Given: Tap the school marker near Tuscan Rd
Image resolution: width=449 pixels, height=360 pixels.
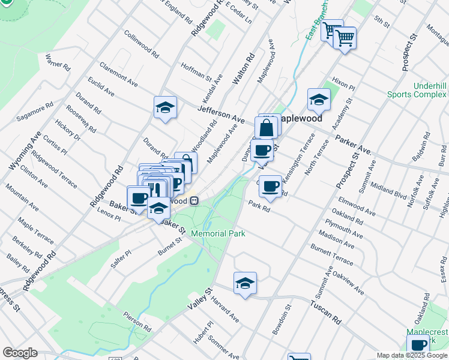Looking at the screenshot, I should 245,283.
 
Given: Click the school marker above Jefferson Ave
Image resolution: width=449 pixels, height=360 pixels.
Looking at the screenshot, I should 165,108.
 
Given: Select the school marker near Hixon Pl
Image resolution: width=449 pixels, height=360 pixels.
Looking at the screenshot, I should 319,100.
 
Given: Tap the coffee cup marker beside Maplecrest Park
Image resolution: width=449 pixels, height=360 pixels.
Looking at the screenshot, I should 418,345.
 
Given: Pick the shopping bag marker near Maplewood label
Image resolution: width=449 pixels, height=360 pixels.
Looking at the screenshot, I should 266,128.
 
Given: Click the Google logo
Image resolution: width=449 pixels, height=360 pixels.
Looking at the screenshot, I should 20,353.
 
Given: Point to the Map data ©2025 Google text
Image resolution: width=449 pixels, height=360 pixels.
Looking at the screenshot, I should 411,355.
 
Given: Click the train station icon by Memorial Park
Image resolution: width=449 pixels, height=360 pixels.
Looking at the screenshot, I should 194,202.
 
